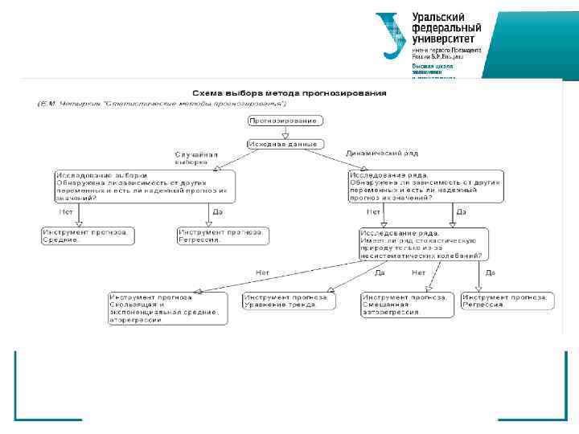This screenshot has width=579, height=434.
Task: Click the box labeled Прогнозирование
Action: (286, 121)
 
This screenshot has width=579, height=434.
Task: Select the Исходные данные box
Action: (286, 144)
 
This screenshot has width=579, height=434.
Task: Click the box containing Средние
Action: (87, 235)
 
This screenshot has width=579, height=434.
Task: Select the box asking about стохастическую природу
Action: (425, 243)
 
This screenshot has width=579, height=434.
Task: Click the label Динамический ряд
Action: (382, 153)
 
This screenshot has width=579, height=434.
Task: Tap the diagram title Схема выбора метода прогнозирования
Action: (288, 93)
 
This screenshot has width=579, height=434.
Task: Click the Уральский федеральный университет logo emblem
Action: (392, 35)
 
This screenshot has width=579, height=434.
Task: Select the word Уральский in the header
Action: (437, 16)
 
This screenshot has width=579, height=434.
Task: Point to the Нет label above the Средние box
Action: (67, 212)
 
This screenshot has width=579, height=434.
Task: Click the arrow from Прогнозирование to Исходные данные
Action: (286, 133)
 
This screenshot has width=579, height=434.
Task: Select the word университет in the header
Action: (443, 38)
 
